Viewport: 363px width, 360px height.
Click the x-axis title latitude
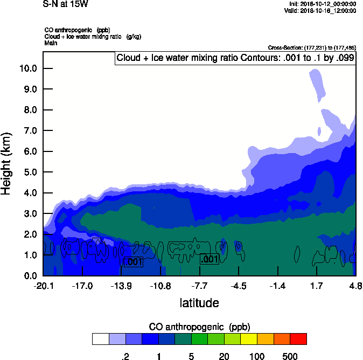(x=199, y=303)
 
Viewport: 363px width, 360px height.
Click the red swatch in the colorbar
(x=298, y=339)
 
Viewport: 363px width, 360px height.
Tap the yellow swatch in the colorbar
(x=249, y=339)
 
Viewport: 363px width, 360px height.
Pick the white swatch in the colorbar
(x=100, y=339)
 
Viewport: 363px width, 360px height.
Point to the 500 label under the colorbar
(x=290, y=356)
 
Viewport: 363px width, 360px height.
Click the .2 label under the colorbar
(x=125, y=356)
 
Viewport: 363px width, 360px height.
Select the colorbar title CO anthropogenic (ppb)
(x=199, y=327)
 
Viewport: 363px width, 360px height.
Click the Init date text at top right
(x=322, y=4)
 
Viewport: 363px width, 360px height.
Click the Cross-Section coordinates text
(x=312, y=47)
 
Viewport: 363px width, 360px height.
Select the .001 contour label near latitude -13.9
(x=132, y=262)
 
